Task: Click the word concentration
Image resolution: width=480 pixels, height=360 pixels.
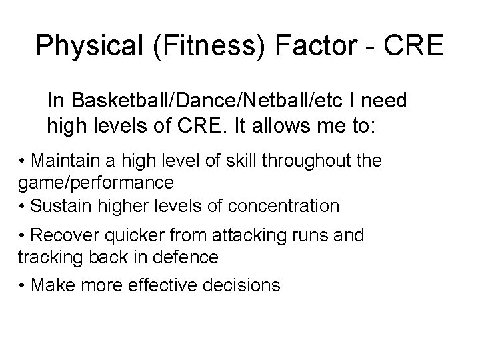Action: tap(283, 207)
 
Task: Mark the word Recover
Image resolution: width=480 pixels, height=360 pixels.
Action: tap(59, 237)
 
